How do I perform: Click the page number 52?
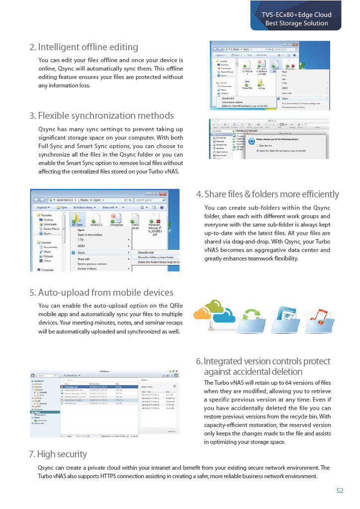coord(340,491)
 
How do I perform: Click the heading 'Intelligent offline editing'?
coord(83,47)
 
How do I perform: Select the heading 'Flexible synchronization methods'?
coord(101,116)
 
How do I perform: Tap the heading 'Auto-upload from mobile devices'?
coord(101,292)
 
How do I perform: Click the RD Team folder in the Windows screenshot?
coord(77,218)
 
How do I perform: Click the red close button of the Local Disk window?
coord(176,193)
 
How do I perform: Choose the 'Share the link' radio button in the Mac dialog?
coord(259,145)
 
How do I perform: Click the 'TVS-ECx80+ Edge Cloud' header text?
coord(296,14)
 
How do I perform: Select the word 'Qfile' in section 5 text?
coord(174,306)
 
